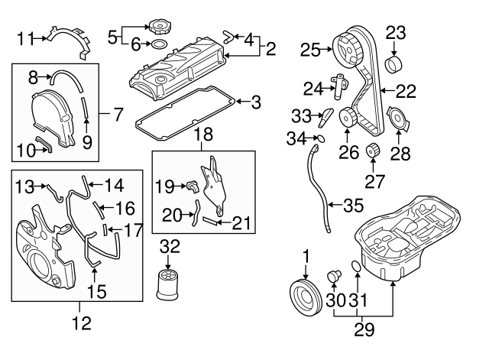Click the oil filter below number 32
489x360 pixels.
point(167,284)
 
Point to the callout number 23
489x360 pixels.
point(396,33)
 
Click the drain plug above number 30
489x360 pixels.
point(333,274)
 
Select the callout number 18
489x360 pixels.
point(202,137)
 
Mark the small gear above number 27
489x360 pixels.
point(374,151)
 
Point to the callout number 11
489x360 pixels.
point(26,37)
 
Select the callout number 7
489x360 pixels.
point(118,115)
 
